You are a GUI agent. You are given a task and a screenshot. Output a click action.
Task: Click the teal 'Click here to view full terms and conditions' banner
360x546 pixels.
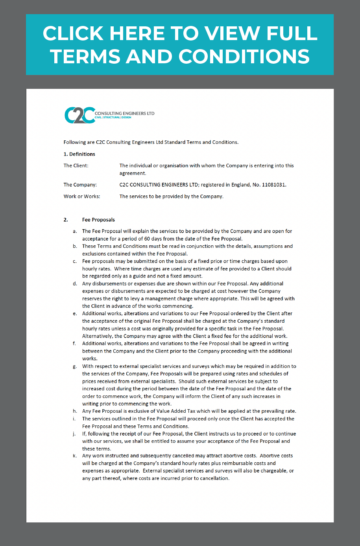(180, 44)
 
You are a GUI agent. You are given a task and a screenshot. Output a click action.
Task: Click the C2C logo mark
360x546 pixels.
(79, 115)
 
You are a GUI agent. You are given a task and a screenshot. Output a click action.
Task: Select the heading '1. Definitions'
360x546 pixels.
(79, 154)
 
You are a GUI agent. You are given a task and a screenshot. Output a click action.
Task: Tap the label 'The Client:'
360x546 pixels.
(76, 165)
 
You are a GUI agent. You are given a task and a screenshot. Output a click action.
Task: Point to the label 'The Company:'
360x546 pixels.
(80, 185)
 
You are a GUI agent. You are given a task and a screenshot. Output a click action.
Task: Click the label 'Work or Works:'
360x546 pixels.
(82, 196)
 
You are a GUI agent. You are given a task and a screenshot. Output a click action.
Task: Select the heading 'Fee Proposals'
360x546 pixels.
(98, 220)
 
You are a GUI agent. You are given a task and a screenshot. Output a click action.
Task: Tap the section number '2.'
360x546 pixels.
(66, 220)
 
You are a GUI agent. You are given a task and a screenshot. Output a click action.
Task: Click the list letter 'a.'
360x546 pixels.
(75, 231)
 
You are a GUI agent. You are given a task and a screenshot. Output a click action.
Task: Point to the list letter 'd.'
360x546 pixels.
(75, 283)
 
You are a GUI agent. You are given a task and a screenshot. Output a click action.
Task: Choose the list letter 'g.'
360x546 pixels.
(75, 366)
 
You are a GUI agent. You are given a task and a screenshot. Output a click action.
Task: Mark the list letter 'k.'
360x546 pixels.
(75, 456)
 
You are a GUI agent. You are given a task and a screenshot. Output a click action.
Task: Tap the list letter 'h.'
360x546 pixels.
(75, 411)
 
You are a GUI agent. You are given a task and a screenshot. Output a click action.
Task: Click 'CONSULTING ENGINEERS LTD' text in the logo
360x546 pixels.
(125, 113)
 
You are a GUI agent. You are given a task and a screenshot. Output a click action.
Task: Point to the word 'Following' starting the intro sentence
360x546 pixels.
(74, 142)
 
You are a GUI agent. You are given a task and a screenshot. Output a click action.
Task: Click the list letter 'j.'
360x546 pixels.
(74, 434)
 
